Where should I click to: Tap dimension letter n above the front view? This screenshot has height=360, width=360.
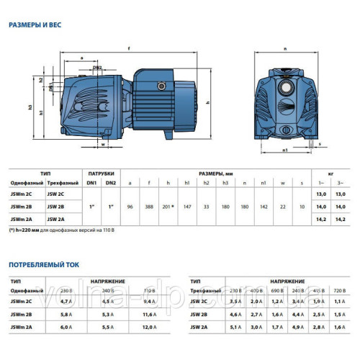(x=285, y=49)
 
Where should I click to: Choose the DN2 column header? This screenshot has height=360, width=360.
(x=112, y=183)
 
